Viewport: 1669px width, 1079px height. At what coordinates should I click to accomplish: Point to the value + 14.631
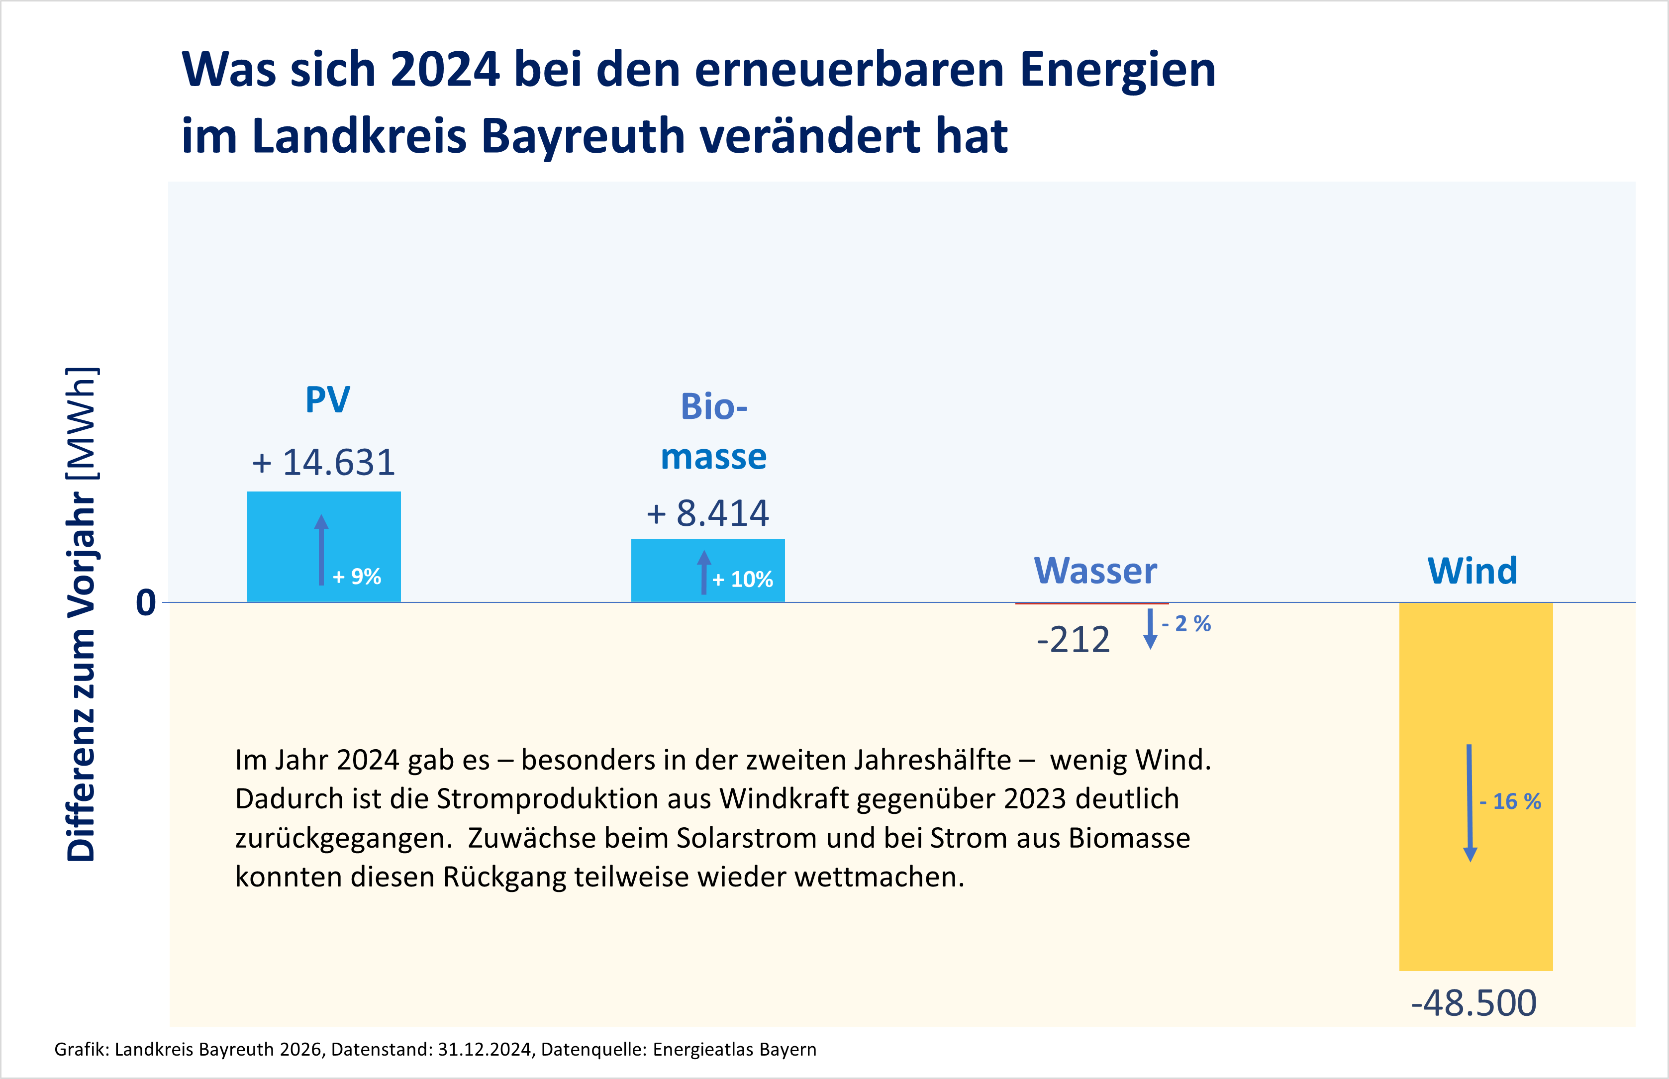pos(324,463)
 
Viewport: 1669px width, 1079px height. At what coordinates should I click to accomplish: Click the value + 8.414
pos(708,513)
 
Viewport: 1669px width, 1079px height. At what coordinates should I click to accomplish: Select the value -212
pos(1073,640)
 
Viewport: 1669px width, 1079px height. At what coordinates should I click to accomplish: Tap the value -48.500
pos(1473,1002)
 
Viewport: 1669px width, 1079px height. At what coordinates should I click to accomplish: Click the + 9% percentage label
pos(357,577)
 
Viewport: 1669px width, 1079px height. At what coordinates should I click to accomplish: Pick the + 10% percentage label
pos(743,580)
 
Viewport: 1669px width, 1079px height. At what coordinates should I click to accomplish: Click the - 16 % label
pos(1510,801)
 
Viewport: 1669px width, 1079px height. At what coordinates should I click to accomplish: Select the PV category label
pos(327,400)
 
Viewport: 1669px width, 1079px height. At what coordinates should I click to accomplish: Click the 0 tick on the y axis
pos(146,602)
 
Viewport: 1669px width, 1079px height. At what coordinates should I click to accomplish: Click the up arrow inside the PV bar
pos(321,550)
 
